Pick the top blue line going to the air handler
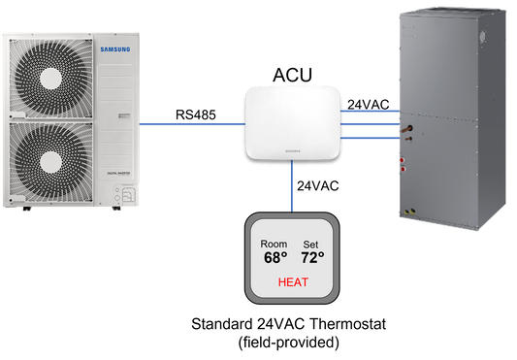click(x=371, y=111)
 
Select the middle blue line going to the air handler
click(x=371, y=123)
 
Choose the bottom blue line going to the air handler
click(x=371, y=137)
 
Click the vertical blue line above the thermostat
click(x=291, y=185)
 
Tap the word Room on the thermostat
click(x=275, y=245)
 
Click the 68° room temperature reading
click(x=276, y=258)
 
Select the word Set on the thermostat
click(x=310, y=245)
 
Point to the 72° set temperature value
click(x=313, y=258)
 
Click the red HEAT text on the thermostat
click(x=294, y=283)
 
